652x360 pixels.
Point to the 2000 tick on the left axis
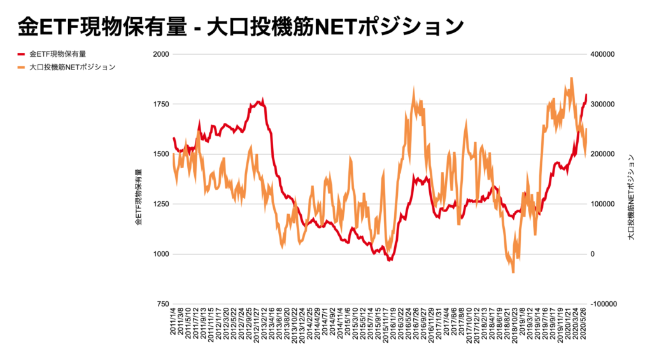(160, 54)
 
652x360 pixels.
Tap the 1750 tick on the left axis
(160, 104)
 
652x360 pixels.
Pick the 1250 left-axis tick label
(160, 204)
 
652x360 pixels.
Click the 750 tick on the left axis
(162, 304)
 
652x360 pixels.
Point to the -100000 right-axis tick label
(602, 304)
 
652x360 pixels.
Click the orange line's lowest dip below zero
(513, 272)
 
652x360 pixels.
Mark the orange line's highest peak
(571, 78)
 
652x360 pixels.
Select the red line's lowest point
(390, 260)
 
